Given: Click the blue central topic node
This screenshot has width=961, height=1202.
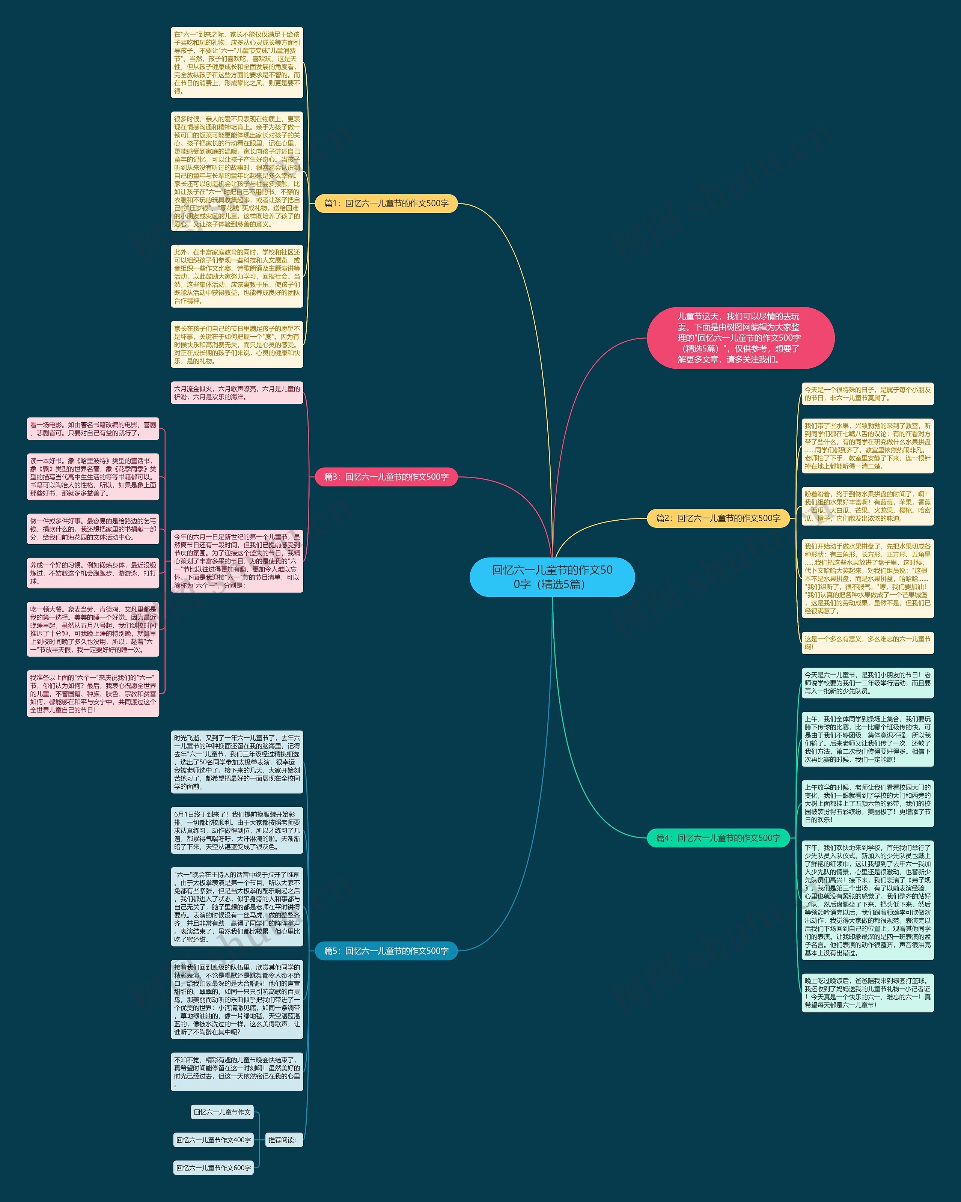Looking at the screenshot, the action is point(552,577).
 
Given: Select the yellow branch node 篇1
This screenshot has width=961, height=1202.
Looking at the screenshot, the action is point(386,203).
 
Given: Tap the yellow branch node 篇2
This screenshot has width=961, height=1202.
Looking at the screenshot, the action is point(718,518).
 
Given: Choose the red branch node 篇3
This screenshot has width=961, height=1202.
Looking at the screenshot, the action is point(386,477).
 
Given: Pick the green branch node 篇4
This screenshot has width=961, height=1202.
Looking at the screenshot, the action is point(718,837).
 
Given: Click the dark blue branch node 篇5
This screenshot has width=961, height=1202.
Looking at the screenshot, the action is point(386,950).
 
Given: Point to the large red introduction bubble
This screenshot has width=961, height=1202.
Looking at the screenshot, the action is point(740,338).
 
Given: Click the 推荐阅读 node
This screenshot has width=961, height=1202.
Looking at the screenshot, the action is point(284,1140).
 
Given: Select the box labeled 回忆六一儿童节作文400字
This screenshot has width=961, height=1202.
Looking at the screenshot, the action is point(214,1140).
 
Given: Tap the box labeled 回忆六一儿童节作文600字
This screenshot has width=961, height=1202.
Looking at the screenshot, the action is point(214,1167).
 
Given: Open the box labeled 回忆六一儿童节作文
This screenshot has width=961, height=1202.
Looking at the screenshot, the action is point(222,1112).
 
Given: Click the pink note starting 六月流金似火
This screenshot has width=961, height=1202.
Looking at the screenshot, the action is point(237,393).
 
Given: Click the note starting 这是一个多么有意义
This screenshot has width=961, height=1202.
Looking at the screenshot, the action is point(868,643).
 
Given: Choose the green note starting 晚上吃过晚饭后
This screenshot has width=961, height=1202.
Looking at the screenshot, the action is point(868,993).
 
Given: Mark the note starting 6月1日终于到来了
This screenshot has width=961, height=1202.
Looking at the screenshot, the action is point(237,830).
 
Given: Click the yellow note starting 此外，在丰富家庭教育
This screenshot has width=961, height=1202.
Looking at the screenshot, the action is point(237,276).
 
